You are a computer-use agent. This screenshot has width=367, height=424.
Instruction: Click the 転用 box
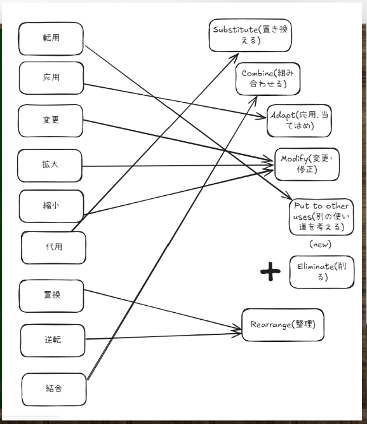[x=51, y=39]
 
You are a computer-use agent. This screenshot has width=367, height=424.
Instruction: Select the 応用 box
[x=51, y=78]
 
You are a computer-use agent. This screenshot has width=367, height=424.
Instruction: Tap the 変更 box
[x=51, y=121]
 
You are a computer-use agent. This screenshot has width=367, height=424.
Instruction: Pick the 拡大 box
[x=50, y=165]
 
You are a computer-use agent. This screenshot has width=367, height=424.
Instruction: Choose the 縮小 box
[x=51, y=207]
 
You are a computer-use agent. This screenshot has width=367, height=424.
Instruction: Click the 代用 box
[x=53, y=248]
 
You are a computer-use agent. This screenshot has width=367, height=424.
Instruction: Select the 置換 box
[x=51, y=296]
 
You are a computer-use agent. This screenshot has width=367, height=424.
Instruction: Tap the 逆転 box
[x=53, y=341]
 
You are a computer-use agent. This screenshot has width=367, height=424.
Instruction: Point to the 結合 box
[x=54, y=390]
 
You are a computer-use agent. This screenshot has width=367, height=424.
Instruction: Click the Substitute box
[x=250, y=35]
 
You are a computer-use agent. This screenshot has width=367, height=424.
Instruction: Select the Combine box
[x=268, y=79]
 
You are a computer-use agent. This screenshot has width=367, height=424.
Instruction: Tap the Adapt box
[x=299, y=121]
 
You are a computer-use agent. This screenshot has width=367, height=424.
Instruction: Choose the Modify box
[x=307, y=164]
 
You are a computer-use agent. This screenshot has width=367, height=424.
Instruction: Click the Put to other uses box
[x=321, y=217]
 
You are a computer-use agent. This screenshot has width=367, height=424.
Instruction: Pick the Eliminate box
[x=322, y=272]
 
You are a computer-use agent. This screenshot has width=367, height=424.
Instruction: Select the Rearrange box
[x=283, y=325]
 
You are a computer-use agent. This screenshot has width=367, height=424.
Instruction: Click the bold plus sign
[x=270, y=271]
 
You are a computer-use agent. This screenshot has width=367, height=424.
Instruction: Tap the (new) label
[x=320, y=244]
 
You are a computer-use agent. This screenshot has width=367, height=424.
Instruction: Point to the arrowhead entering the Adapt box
[x=262, y=117]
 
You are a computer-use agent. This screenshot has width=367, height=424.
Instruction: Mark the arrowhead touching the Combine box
[x=254, y=100]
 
